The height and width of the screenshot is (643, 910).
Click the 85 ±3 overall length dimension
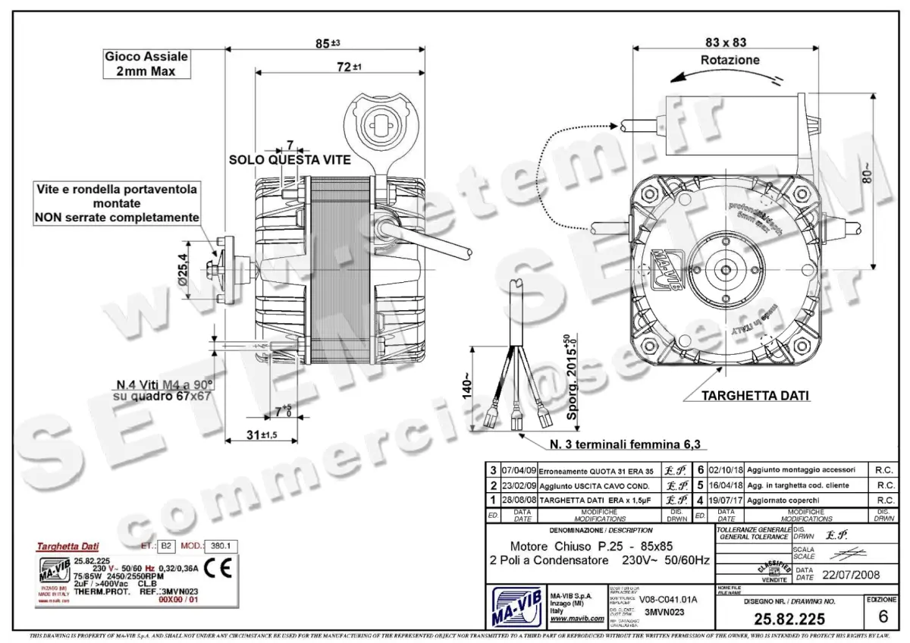[x=328, y=43]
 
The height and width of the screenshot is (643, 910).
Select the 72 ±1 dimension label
[x=348, y=67]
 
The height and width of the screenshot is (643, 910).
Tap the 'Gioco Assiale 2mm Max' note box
[x=146, y=64]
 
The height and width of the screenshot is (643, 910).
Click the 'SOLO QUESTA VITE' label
[x=290, y=160]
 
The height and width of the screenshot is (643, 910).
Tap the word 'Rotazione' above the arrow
[x=730, y=60]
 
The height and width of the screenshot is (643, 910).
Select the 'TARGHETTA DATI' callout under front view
[x=755, y=396]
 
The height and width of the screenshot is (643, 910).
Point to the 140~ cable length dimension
[x=469, y=386]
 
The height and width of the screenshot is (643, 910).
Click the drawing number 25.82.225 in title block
[x=789, y=619]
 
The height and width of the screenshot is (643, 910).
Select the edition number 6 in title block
[x=882, y=615]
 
